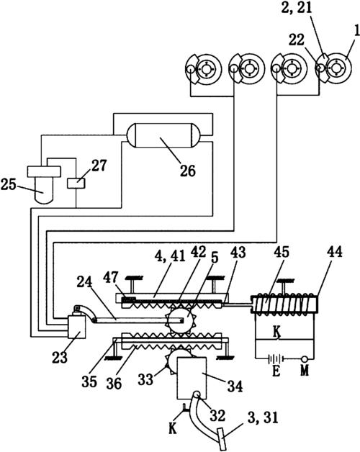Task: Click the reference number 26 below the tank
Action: (188, 171)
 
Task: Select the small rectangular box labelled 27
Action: (76, 184)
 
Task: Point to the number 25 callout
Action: (8, 184)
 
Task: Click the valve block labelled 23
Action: (76, 327)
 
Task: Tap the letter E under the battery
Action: (276, 371)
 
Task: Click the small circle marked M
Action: (304, 359)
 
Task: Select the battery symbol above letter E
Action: (276, 359)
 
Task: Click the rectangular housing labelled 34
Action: (192, 378)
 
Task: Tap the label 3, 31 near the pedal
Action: (263, 418)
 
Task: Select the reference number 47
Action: (111, 278)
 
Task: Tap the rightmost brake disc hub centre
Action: (336, 69)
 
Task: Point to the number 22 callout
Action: (296, 40)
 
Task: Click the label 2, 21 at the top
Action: (297, 8)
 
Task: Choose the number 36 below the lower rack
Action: (114, 384)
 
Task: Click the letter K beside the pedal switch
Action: (173, 429)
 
